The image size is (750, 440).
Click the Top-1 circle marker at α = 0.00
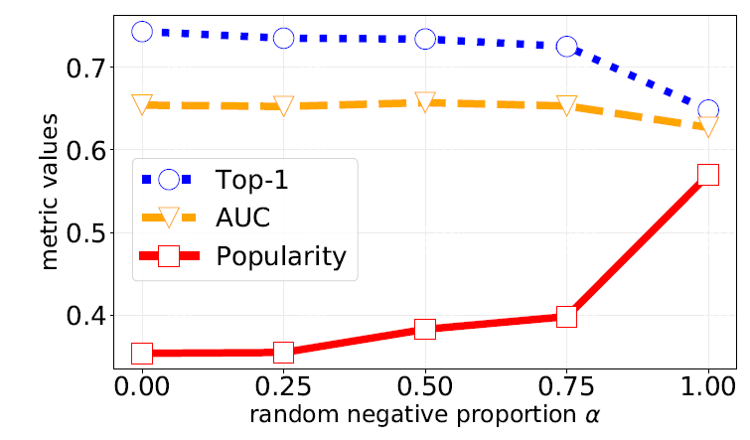142,32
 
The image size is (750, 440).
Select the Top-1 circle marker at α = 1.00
708,110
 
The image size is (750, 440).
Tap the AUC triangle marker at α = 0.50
425,101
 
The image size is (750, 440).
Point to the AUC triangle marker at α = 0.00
142,104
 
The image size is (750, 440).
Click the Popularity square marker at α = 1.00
708,174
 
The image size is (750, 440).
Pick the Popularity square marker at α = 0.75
566,317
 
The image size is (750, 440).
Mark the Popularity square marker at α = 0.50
425,329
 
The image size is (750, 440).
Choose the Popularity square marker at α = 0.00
142,353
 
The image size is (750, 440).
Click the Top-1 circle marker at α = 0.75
566,46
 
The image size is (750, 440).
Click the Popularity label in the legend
280,256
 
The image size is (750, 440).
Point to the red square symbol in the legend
168,256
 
